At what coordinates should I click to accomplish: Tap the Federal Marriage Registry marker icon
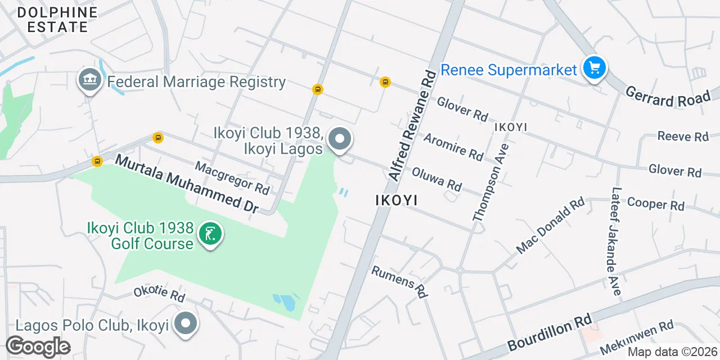click(89, 82)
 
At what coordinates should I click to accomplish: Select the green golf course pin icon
click(210, 235)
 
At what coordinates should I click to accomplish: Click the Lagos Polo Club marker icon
click(186, 324)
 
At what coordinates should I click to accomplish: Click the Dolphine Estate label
click(57, 20)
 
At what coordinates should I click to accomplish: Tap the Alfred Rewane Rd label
click(412, 125)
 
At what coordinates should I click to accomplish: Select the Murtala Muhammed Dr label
click(186, 184)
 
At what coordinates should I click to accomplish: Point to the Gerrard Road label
click(668, 97)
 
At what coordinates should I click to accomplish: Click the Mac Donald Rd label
click(551, 225)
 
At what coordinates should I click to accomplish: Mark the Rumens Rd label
click(400, 281)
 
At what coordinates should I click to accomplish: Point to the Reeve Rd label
click(683, 136)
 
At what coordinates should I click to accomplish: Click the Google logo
click(38, 347)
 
